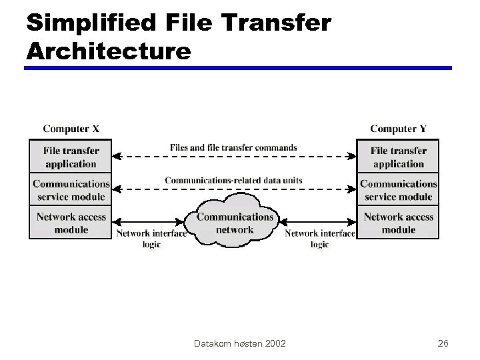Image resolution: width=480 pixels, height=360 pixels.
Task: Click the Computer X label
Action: [71, 129]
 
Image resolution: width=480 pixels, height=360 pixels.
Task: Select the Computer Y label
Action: [399, 129]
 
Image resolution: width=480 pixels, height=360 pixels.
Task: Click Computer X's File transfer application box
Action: [71, 157]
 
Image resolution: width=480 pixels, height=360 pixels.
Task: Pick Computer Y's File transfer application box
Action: [399, 157]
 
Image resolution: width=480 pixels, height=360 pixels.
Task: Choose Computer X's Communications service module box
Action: [71, 189]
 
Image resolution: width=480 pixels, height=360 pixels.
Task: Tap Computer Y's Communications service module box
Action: [399, 189]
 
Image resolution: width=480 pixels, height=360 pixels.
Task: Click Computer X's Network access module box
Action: [71, 222]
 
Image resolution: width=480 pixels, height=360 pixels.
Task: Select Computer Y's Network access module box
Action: [399, 222]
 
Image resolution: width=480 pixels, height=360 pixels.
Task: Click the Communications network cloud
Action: [235, 222]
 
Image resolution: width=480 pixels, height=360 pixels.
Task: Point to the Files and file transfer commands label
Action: [233, 147]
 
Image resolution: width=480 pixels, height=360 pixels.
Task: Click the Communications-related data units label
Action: [233, 180]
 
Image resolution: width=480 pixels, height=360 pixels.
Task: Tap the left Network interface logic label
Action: [151, 239]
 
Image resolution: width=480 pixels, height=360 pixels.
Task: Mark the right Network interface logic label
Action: [320, 239]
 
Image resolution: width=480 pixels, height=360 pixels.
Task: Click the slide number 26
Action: [443, 343]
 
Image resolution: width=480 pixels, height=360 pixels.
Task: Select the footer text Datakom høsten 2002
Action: [240, 343]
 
